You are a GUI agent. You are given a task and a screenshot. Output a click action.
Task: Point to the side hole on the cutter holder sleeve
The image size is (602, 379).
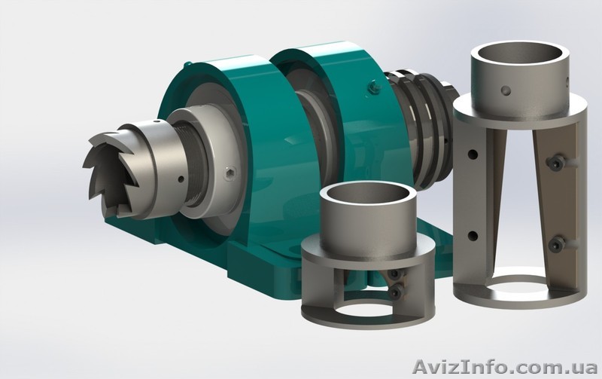[x=181, y=179]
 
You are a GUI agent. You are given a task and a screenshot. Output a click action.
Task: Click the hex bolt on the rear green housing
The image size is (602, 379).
[x=372, y=87]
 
